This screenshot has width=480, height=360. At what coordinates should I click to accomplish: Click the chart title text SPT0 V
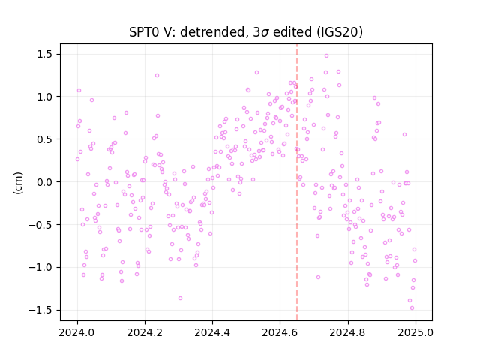pos(148,32)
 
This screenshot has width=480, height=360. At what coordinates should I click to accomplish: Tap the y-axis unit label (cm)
pos(18,183)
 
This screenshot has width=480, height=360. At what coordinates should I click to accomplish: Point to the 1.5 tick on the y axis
pos(45,55)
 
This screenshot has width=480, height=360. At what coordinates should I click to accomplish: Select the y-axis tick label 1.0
pos(45,97)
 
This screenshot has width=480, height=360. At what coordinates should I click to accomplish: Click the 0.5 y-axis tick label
pos(45,139)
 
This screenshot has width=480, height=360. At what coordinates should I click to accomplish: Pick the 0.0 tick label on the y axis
pos(45,182)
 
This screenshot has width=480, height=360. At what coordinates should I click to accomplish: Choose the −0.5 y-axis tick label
pos(40,225)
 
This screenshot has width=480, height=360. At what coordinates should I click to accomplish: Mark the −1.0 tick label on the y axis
pos(40,268)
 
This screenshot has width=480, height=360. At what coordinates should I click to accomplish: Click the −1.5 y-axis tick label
pos(40,310)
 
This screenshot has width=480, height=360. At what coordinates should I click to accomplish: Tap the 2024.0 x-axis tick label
pos(76,332)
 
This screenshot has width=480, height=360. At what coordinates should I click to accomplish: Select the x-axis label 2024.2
pos(145,332)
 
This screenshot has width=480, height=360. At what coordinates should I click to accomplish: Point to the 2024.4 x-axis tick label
pos(212,332)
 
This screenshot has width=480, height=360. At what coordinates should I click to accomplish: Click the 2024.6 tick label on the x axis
pos(280,332)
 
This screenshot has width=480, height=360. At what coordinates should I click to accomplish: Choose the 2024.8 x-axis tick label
pos(347,332)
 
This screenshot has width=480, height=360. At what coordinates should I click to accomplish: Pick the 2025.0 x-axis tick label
pos(415,332)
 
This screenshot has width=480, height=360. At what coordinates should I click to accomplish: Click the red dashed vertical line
pos(297,182)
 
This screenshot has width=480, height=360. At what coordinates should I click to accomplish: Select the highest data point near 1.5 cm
pos(327,56)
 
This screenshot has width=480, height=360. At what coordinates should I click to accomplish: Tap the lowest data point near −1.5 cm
pos(412,308)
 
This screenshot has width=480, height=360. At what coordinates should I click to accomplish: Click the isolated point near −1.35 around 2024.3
pos(180,298)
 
